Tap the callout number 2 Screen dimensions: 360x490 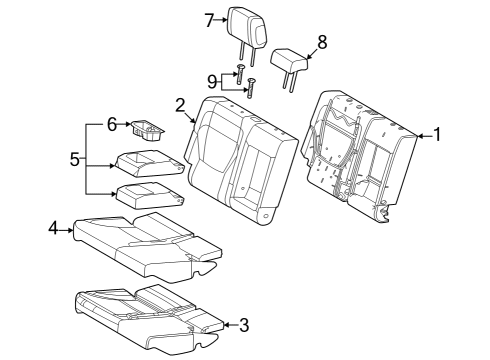[180, 105]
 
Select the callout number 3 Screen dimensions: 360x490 [243, 324]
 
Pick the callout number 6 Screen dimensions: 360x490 [112, 123]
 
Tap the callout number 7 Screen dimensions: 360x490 [208, 19]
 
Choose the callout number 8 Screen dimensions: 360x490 [321, 42]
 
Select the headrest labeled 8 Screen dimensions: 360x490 [289, 61]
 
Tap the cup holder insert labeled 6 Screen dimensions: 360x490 [149, 128]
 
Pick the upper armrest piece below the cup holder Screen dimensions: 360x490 [148, 160]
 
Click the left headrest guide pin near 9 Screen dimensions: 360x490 [240, 71]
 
